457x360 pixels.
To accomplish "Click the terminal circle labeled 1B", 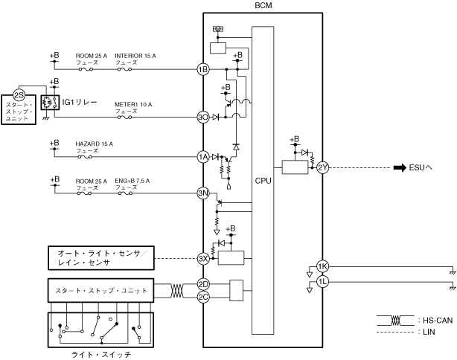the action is tap(203, 69).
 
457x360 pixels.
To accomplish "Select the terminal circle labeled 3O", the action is tap(203, 118).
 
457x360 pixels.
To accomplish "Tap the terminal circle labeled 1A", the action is tap(203, 157).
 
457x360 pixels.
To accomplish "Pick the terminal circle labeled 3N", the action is tap(203, 193).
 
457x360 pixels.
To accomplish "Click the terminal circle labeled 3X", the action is tap(203, 259).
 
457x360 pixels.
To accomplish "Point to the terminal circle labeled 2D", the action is tap(203, 284).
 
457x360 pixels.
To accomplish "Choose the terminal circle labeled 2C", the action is tap(203, 297).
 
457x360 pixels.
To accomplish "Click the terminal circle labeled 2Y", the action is tap(322, 167).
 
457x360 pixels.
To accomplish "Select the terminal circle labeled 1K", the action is tap(322, 266).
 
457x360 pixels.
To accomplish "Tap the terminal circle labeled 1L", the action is tap(322, 282).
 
